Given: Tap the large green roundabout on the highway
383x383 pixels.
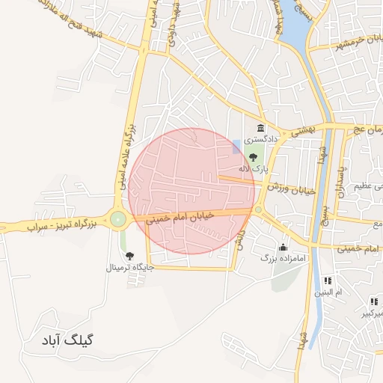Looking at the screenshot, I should pos(117,219).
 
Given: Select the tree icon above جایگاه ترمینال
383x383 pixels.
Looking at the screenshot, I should pos(130,256).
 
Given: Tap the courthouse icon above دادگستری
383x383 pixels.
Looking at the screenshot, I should pos(260,129).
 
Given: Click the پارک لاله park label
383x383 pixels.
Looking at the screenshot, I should pos(253,169).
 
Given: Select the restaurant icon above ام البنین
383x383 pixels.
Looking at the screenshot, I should pos(328,281).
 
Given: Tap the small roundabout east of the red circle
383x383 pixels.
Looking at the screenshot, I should pos(258,209).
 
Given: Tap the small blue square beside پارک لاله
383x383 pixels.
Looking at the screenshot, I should pos(237,145).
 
